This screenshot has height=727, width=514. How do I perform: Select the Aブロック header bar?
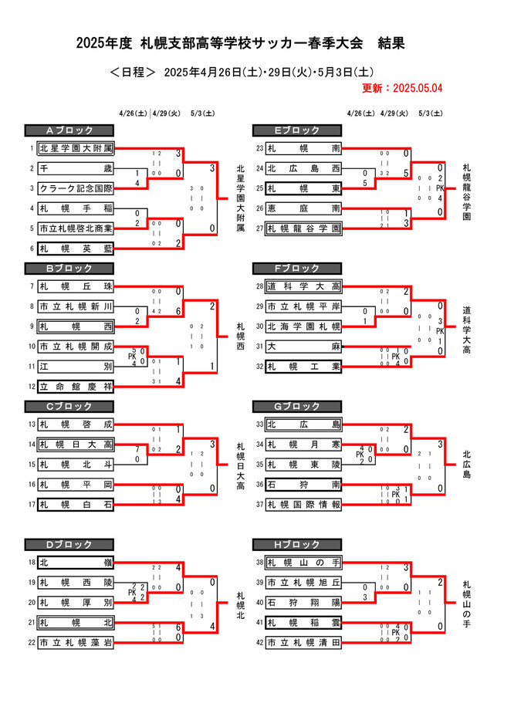(69, 130)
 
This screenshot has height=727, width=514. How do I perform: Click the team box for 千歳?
(76, 168)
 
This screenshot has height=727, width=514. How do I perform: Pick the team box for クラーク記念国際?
(76, 188)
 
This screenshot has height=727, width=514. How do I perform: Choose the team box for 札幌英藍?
(76, 249)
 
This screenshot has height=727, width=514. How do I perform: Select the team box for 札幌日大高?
(76, 444)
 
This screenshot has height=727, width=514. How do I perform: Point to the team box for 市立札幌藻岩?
(76, 642)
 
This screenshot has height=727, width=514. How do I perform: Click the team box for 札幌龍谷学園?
(303, 228)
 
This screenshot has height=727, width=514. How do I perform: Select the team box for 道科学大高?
(303, 286)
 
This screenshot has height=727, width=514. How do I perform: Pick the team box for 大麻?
(303, 347)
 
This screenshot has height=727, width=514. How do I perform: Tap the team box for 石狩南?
(303, 484)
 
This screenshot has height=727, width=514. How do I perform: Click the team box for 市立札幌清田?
(303, 642)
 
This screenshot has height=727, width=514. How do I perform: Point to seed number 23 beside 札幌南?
(259, 148)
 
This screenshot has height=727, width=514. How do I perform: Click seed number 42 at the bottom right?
(259, 642)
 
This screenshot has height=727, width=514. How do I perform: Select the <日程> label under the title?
(133, 73)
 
